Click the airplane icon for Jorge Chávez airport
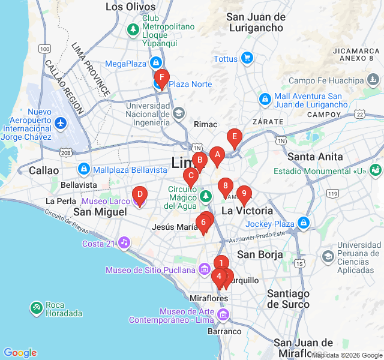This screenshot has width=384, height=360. tap(61, 122)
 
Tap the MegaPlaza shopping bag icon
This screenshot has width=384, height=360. tap(156, 63)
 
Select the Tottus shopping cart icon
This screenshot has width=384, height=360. tap(246, 58)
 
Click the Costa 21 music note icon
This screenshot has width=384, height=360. tap(124, 243)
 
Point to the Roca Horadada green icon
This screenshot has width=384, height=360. tap(36, 308)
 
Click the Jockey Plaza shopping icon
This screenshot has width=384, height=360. tap(304, 224)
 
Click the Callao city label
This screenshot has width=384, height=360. tap(44, 170)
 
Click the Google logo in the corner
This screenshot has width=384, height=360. tap(20, 353)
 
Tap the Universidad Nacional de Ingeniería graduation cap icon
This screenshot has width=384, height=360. tap(178, 112)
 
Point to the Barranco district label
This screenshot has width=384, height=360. tap(224, 331)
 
